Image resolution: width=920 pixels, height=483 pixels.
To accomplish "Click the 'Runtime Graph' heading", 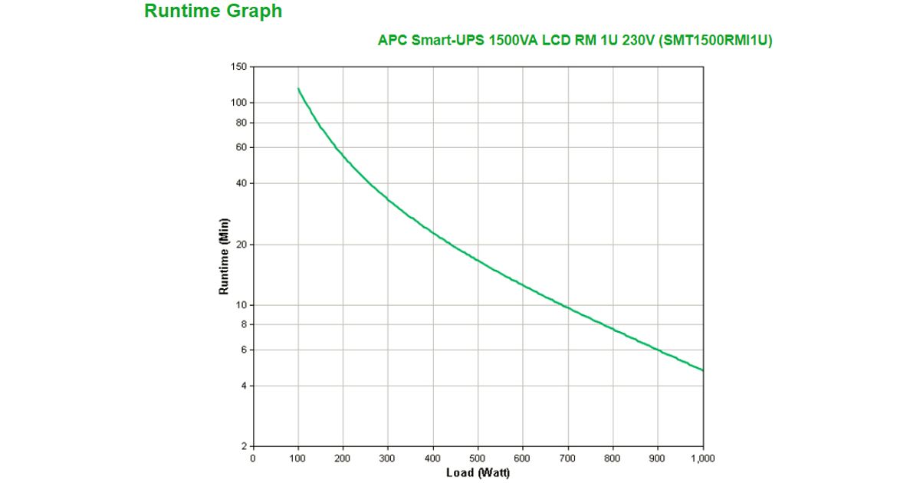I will coord(213,11).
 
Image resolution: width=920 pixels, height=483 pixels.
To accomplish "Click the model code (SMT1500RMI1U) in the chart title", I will coord(715,41).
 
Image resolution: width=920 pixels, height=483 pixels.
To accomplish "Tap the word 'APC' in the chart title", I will coord(392,41).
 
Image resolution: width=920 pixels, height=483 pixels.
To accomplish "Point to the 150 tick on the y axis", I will coord(238,67).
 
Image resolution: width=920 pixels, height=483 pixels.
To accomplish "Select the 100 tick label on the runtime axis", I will coord(238,103).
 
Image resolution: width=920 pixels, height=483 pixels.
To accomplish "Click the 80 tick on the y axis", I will coord(241,123).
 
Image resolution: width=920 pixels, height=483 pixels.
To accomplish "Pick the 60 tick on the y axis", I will coord(241,147).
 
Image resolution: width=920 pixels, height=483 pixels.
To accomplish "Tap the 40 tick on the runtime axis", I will coord(241,183).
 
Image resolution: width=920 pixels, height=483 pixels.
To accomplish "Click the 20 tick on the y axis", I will coord(241,245).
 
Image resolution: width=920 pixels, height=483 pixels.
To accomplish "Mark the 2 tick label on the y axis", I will coord(243,446).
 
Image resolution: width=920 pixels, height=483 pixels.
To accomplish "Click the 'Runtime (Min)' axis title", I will coord(225,257).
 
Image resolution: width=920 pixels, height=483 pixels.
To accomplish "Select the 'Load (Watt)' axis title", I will coord(478,472).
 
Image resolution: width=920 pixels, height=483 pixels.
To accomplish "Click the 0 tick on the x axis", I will coord(253,458).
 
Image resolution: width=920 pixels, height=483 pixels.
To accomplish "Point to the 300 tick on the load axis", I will coord(388,458).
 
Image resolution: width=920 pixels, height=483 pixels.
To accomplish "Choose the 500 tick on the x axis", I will coord(478,458).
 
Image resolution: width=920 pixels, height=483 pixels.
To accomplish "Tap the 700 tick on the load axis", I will coord(568,458).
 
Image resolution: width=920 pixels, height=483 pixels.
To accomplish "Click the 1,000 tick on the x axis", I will coord(702,458).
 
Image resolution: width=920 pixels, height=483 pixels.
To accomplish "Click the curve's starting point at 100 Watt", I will coord(298,89).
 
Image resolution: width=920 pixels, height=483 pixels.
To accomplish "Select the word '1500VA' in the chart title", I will coord(513,41).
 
